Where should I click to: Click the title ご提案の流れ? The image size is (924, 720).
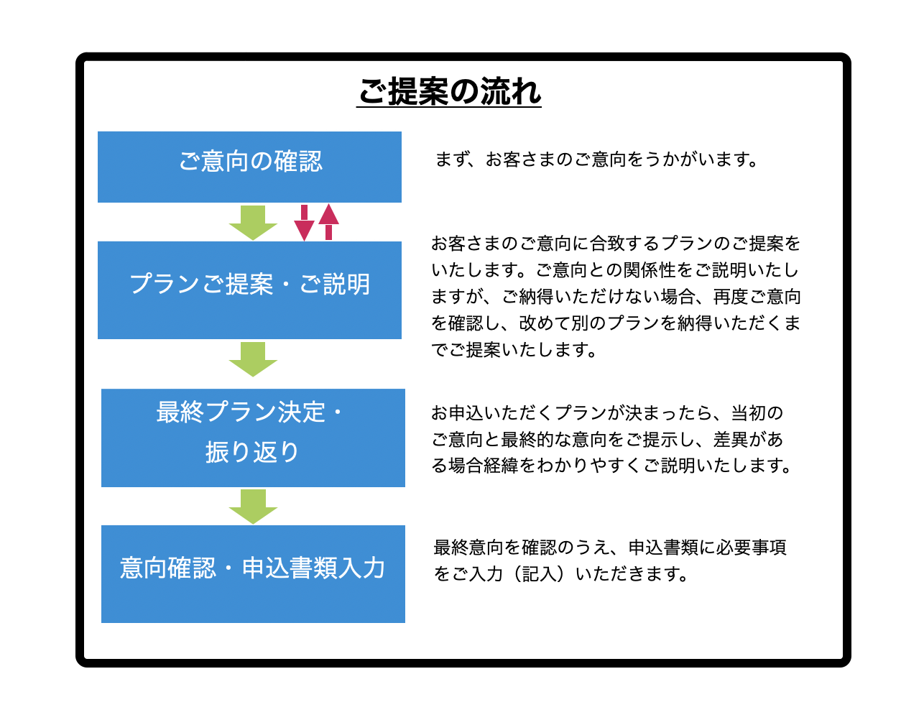tap(449, 91)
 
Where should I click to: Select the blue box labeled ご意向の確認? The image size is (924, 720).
tap(249, 167)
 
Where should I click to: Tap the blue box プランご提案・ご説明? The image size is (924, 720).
tap(249, 290)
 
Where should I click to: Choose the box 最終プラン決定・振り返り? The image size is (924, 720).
tap(253, 438)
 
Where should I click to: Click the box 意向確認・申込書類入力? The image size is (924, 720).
tap(253, 573)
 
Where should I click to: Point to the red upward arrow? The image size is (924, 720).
tap(328, 221)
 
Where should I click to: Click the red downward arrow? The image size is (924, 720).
tap(304, 223)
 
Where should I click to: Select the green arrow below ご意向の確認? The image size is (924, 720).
tap(253, 222)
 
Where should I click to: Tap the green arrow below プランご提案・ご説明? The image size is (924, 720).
tap(253, 359)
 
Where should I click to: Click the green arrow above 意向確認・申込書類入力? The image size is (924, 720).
tap(253, 506)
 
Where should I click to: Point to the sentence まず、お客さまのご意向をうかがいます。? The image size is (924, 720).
tap(596, 160)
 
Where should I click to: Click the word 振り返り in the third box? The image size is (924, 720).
tap(251, 452)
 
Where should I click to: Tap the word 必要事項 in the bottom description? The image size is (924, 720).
tap(752, 548)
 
